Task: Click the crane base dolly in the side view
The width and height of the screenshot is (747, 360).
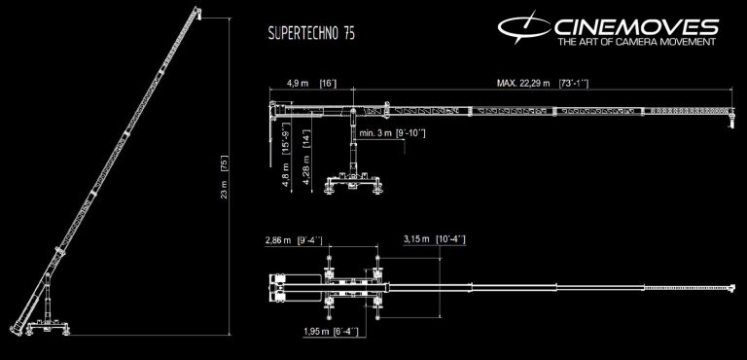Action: click(354, 186)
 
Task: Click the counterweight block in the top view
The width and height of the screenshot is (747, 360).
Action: click(292, 287)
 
